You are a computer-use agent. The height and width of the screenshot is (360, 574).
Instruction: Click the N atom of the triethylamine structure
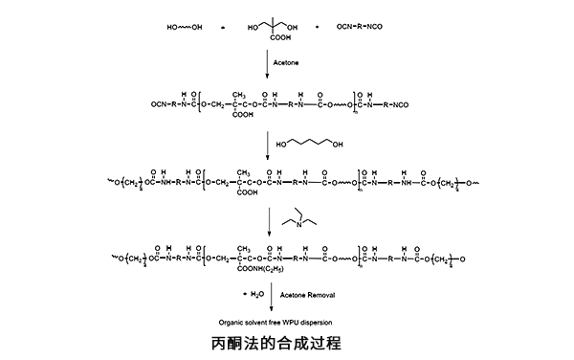[x=300, y=226]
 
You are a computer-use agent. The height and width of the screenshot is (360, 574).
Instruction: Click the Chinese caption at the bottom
[x=276, y=342]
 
